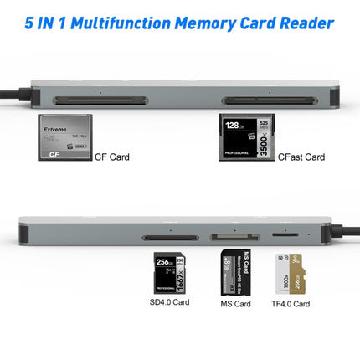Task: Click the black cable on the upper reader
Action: tap(13, 85)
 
